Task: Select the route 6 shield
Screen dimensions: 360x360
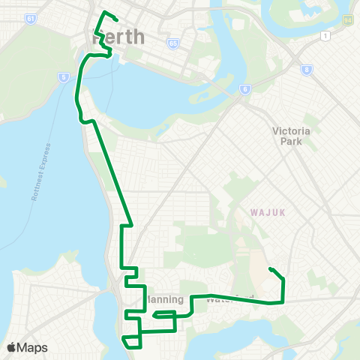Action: tap(244, 89)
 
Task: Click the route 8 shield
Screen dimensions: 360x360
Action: tap(307, 70)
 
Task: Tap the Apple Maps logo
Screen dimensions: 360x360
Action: tap(26, 347)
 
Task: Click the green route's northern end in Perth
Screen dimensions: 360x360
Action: tap(117, 20)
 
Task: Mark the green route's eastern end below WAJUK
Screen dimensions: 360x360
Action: tap(269, 269)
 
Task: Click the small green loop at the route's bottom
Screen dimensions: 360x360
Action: tap(131, 342)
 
